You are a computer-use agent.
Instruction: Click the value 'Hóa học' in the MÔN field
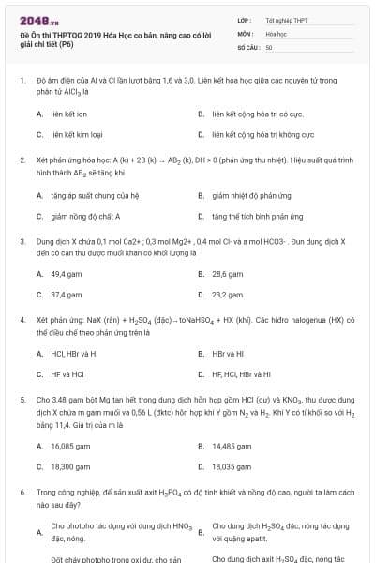(276, 33)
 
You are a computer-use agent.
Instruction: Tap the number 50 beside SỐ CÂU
(269, 46)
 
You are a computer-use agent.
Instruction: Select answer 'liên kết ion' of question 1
(69, 114)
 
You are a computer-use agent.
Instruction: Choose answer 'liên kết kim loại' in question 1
(76, 135)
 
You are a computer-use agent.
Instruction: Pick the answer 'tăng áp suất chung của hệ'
(95, 195)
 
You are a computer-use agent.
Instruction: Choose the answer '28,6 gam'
(227, 274)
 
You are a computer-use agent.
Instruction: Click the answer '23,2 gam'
(227, 295)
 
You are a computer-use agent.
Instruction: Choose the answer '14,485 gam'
(231, 445)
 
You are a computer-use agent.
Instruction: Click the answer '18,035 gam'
(231, 465)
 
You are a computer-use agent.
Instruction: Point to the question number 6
(22, 491)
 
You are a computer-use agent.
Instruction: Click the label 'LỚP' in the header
(244, 19)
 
